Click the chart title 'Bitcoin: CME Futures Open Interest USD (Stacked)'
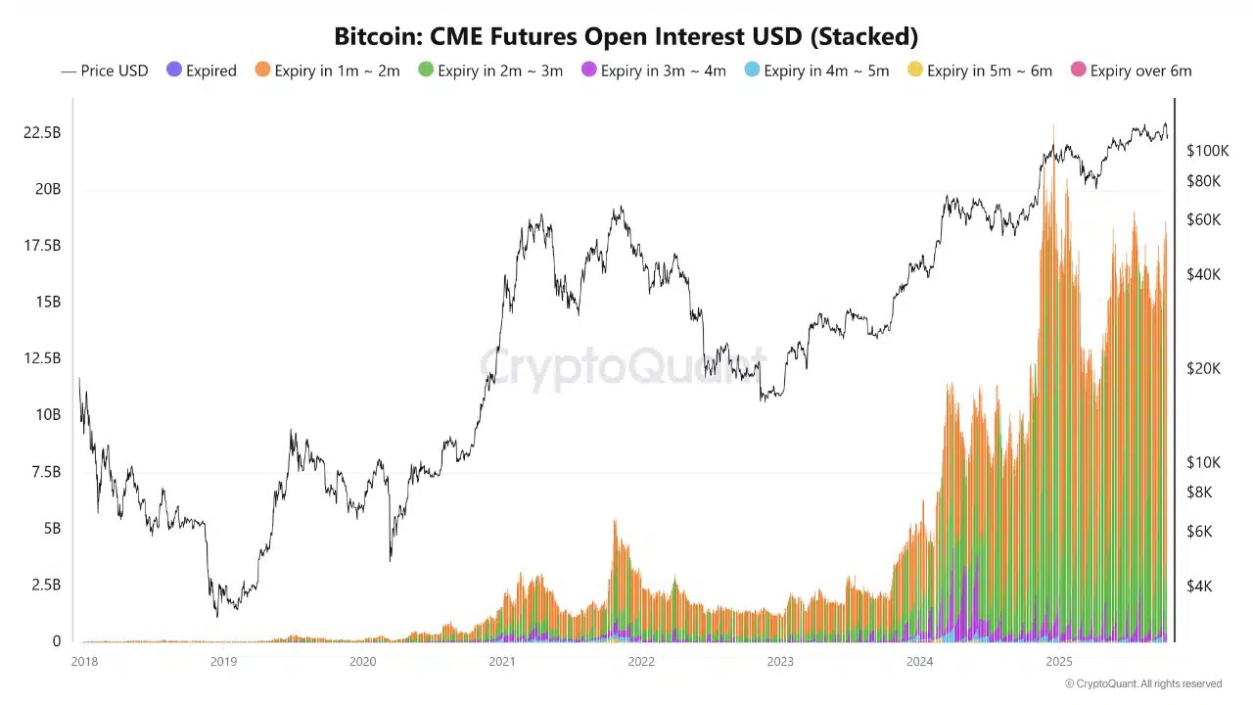point(626,37)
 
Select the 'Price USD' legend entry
point(105,70)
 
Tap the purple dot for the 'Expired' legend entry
point(174,70)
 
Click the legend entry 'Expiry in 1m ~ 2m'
point(328,70)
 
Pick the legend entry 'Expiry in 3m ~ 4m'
point(654,70)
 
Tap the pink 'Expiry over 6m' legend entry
point(1132,70)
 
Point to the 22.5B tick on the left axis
point(42,132)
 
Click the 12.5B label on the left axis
point(42,358)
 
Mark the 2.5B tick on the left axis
point(46,585)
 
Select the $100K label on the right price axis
point(1207,151)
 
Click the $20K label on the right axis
point(1204,368)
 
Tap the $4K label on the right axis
point(1199,587)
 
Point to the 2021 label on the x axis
point(501,662)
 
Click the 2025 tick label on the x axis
point(1058,662)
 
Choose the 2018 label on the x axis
point(84,662)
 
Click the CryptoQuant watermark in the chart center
point(623,367)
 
